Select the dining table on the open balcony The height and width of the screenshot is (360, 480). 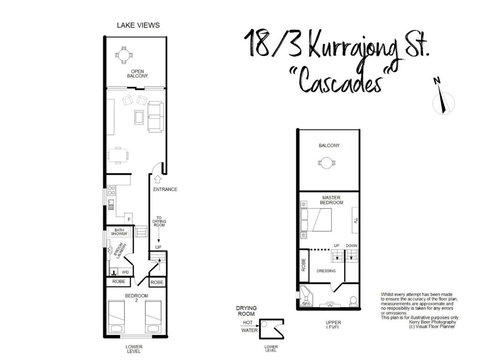pyautogui.click(x=137, y=53)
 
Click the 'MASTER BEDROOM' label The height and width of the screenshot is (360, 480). pyautogui.click(x=327, y=199)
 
